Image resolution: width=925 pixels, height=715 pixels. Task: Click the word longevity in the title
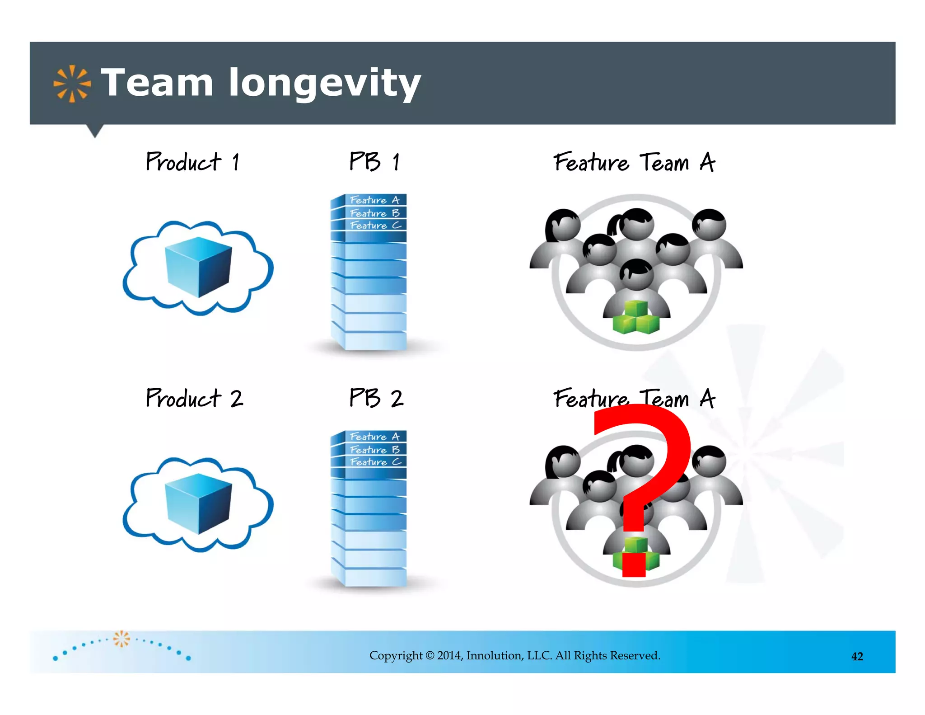[324, 84]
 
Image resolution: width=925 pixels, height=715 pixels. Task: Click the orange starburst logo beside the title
[72, 84]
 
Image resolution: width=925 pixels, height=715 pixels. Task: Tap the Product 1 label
[192, 162]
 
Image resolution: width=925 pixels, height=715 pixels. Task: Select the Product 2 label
[194, 398]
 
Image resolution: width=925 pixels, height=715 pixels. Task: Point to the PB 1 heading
[374, 161]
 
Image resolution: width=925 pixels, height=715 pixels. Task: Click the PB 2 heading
[376, 398]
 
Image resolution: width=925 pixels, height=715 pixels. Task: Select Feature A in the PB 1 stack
[375, 200]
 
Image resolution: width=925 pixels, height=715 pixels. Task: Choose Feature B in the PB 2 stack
[375, 449]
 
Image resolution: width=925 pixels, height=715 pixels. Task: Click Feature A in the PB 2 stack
[375, 437]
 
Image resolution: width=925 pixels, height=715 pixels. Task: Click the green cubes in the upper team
[636, 318]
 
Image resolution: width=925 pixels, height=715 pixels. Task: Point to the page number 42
[857, 656]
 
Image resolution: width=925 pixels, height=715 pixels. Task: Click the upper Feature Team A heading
[634, 162]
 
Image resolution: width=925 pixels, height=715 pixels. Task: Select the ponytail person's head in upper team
[635, 224]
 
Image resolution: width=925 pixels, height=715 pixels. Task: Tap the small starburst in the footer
[121, 639]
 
